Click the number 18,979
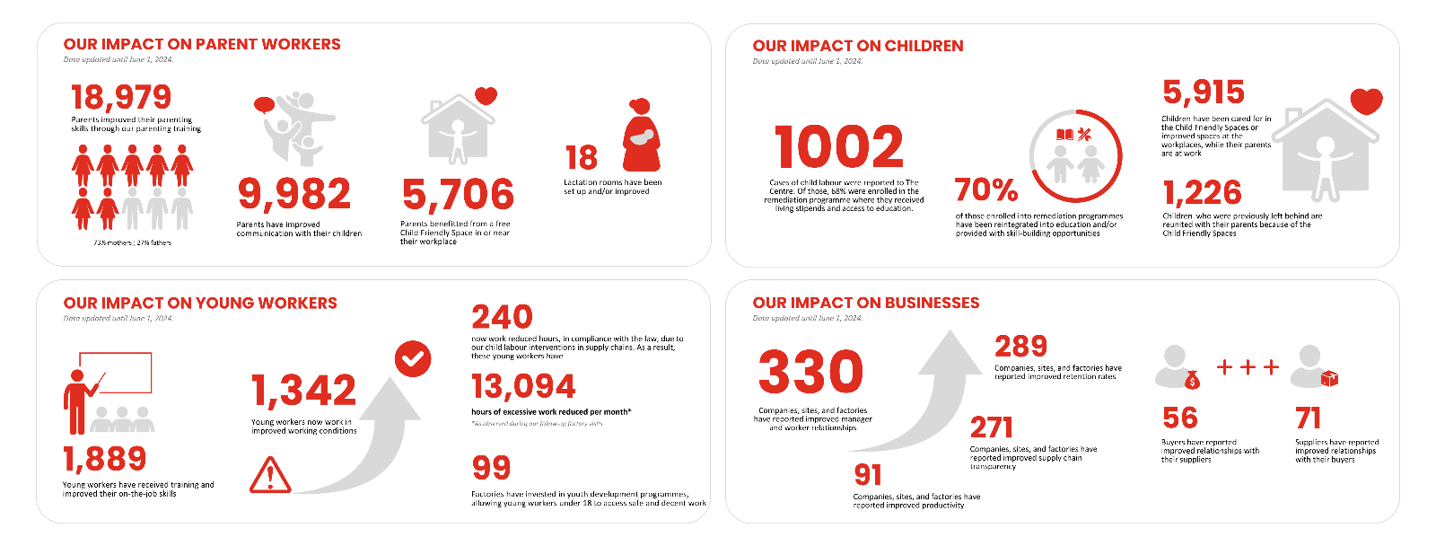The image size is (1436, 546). pos(121,97)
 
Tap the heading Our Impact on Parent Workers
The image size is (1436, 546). pos(202,44)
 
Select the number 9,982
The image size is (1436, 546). pos(294,194)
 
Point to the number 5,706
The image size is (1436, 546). pos(458,194)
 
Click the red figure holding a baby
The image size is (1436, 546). pos(641,136)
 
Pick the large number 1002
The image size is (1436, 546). pos(839,147)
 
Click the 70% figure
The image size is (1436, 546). pos(985,189)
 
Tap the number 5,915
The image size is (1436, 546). pos(1204,92)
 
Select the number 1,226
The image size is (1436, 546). pos(1202,192)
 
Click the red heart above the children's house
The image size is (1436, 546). pos(1366,101)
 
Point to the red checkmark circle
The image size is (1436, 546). pos(413,359)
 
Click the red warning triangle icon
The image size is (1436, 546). pos(270,475)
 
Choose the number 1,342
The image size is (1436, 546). pos(303,391)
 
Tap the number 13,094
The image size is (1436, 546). pos(523,387)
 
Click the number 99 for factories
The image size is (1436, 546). pos(491,468)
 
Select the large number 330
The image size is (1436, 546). pos(810,373)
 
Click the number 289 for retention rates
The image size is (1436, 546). pos(1020,346)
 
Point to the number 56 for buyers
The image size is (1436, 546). pos(1179,418)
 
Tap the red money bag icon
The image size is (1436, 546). pos(1192,380)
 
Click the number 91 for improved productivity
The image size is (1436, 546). pos(868,474)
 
